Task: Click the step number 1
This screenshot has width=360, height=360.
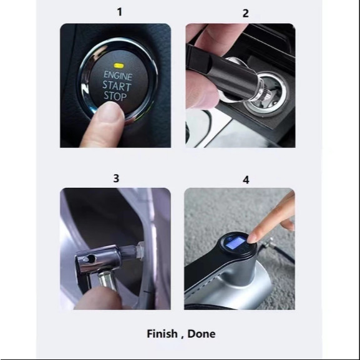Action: [119, 12]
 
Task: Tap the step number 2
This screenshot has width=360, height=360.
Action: [245, 13]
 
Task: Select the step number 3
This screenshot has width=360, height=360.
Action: [116, 178]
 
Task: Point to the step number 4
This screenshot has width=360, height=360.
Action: [246, 180]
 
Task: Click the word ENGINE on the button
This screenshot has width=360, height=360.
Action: [118, 75]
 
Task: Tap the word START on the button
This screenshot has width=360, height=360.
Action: [117, 86]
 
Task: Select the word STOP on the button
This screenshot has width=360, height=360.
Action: [115, 95]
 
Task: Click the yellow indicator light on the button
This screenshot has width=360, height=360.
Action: [119, 66]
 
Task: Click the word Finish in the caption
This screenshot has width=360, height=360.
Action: [162, 334]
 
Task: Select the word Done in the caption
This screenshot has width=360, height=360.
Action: [202, 334]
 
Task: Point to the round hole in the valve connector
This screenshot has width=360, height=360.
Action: [90, 259]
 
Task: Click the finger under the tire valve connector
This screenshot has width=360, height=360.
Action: [99, 298]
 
